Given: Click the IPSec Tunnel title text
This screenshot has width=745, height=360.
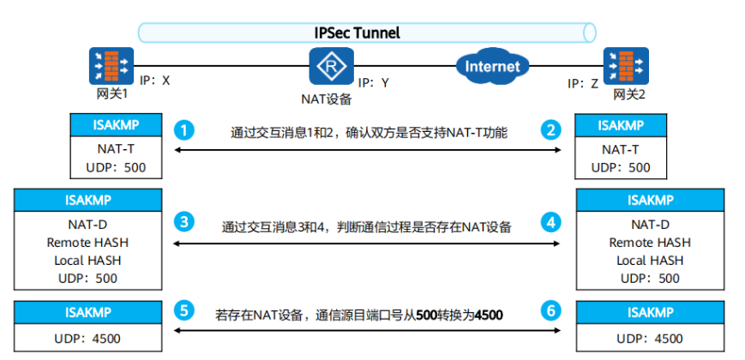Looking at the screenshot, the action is click(357, 33).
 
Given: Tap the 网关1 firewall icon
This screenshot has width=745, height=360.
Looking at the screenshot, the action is click(111, 65).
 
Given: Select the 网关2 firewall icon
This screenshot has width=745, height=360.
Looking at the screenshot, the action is click(625, 65).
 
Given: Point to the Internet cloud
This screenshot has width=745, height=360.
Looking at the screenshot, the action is click(492, 66).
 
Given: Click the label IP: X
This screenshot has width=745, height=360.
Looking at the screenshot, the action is click(153, 81).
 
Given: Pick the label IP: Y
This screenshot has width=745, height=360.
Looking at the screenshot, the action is click(374, 83).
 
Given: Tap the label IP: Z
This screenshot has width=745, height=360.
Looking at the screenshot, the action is click(584, 83).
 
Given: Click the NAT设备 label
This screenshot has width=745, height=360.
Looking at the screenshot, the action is click(326, 99).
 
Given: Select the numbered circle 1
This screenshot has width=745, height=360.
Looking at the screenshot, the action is click(183, 131).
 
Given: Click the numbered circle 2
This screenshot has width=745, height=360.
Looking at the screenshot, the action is click(550, 131).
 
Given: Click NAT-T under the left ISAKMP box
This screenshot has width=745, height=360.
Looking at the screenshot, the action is click(116, 150).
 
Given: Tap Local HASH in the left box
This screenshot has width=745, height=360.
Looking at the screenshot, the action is click(87, 260).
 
